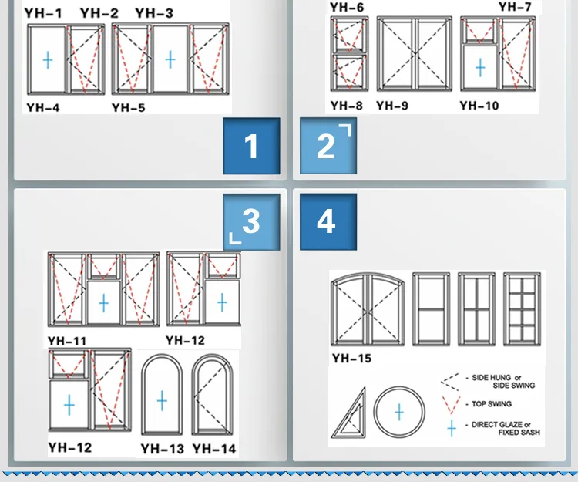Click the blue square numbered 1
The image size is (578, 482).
tap(251, 146)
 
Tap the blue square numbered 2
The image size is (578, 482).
tap(328, 146)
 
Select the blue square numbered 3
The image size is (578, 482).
tap(251, 222)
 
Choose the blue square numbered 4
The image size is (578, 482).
tap(328, 222)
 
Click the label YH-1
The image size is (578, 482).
tap(43, 13)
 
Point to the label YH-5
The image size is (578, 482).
tap(128, 108)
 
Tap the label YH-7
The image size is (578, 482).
tap(515, 6)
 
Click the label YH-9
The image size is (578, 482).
tap(392, 106)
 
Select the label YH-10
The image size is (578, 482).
tap(479, 106)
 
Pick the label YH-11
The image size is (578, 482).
tap(67, 341)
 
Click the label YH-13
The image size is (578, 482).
tap(162, 449)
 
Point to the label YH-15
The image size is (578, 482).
tap(351, 358)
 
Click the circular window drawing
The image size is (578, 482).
tap(399, 412)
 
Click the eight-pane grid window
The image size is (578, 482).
tap(522, 309)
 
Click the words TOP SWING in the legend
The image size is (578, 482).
tap(492, 404)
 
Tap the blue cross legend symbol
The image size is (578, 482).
tap(452, 429)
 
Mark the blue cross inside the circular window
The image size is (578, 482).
tap(399, 412)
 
